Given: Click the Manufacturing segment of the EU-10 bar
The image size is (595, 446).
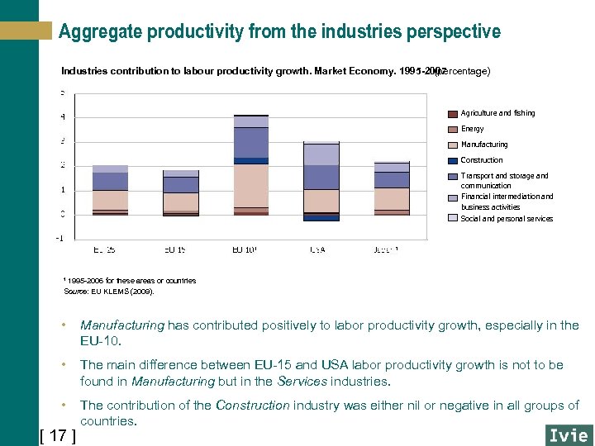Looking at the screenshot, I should [x=251, y=185].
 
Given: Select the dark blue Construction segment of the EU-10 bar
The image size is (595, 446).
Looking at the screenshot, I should [x=251, y=160].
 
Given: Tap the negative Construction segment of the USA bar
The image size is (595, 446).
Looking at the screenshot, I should [x=321, y=218].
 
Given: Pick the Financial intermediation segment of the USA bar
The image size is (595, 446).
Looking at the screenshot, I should [x=321, y=154].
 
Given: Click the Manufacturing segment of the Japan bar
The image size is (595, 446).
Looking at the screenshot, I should [x=392, y=198].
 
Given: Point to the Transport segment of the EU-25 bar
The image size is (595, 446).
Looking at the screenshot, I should [x=110, y=181].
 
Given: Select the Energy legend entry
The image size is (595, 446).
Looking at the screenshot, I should [x=472, y=129].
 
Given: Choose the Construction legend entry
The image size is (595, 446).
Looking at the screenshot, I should [x=481, y=160].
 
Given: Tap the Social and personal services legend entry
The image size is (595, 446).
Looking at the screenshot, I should [x=506, y=219].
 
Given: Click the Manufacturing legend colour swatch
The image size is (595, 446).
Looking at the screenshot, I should [x=452, y=145].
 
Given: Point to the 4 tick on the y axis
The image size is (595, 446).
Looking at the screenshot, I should [x=64, y=116].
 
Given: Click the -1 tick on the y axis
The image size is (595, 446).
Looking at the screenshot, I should [x=59, y=239].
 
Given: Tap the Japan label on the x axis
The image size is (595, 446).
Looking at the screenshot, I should [x=387, y=249].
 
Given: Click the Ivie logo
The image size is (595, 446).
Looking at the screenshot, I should [x=568, y=434].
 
